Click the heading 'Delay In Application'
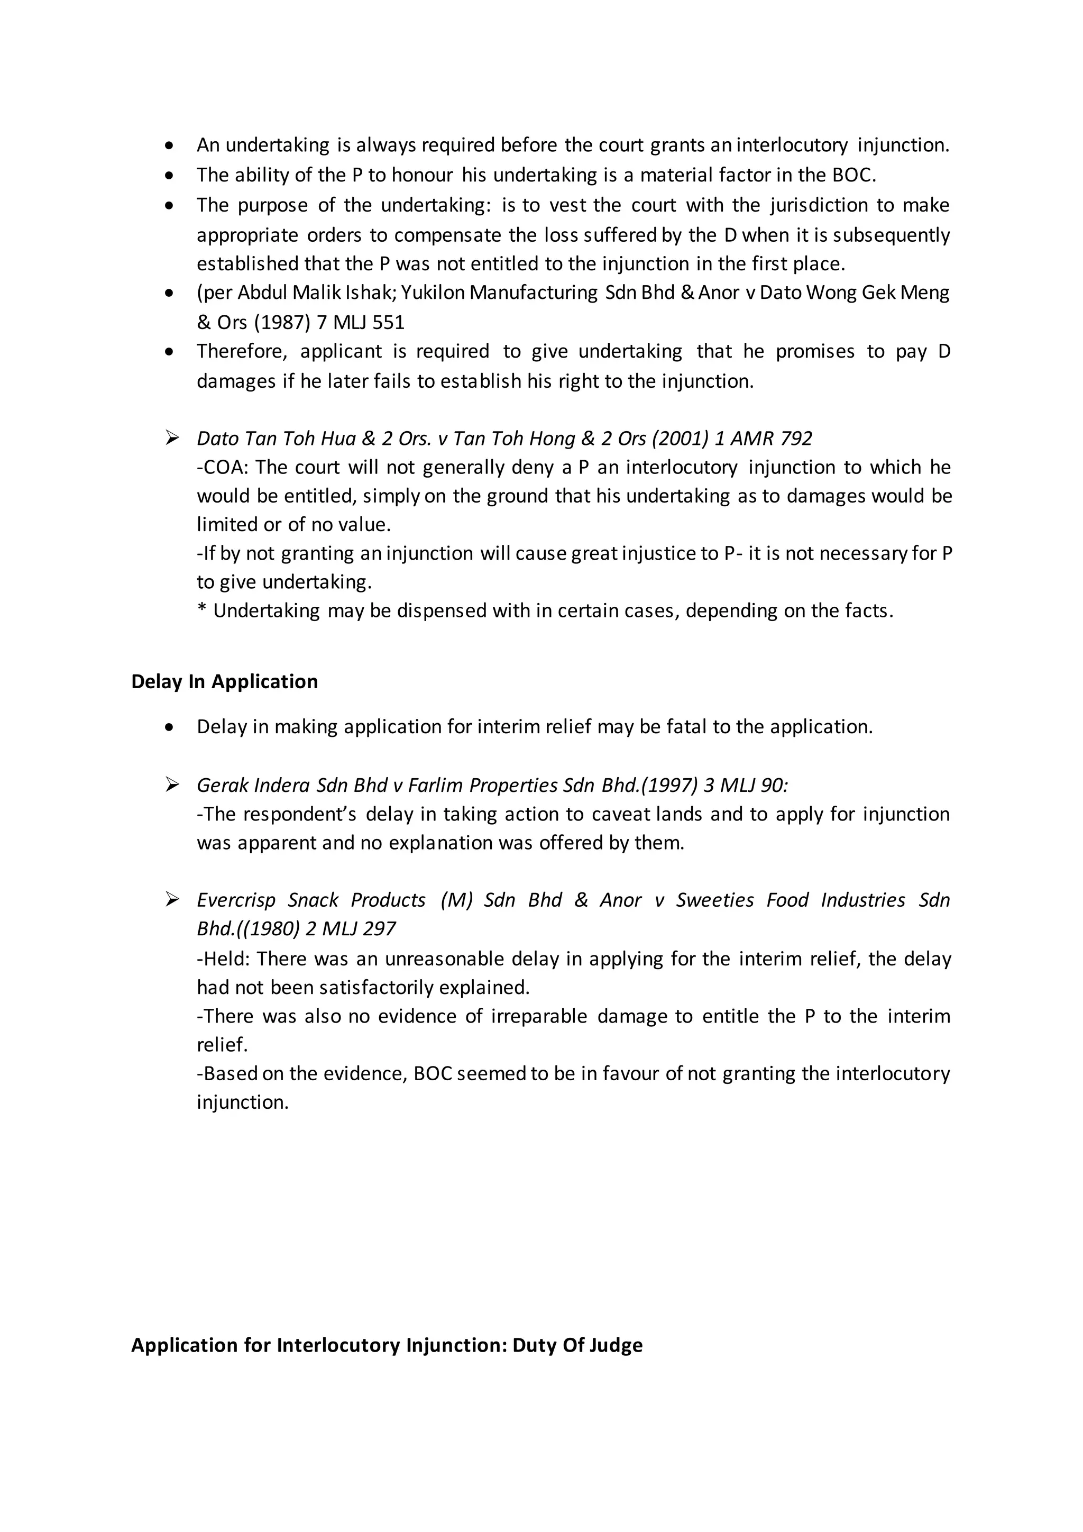[224, 682]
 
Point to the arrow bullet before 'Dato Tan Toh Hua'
[172, 437]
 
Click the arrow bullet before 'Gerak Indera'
[172, 785]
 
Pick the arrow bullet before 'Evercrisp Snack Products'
[172, 899]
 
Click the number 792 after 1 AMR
[795, 439]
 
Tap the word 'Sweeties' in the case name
[715, 900]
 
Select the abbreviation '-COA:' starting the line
[222, 467]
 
